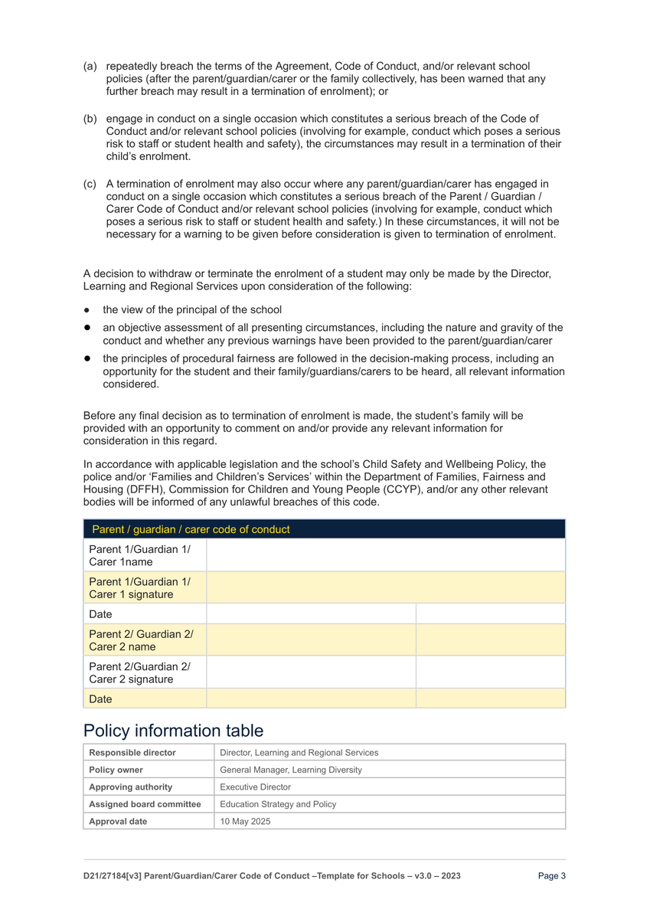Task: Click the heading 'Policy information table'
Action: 173,730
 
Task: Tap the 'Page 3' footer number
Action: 552,876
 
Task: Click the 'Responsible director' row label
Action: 132,753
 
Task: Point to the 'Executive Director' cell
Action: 255,787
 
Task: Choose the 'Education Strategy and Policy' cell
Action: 277,804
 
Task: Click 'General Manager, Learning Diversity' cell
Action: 291,770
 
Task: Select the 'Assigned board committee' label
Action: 145,804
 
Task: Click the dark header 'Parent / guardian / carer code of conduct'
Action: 191,529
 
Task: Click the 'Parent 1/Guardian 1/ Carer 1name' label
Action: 140,556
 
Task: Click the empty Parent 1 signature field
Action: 386,587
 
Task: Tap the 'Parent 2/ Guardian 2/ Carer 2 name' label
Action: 141,640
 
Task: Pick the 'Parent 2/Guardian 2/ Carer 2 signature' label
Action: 140,672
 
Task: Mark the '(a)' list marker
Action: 90,67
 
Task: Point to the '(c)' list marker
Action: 90,184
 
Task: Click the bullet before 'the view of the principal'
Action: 88,310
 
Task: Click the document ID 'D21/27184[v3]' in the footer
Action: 118,876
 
